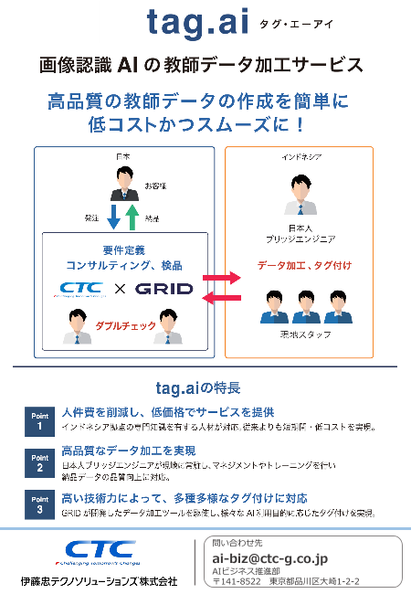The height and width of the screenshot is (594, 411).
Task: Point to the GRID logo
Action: pyautogui.click(x=164, y=289)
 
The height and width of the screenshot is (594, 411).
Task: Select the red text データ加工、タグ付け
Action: pyautogui.click(x=304, y=265)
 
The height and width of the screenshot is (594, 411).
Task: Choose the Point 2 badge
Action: pyautogui.click(x=40, y=461)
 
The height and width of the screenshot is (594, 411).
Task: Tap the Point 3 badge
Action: pyautogui.click(x=40, y=504)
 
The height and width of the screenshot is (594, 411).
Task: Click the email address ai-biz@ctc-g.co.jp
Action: pyautogui.click(x=269, y=558)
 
